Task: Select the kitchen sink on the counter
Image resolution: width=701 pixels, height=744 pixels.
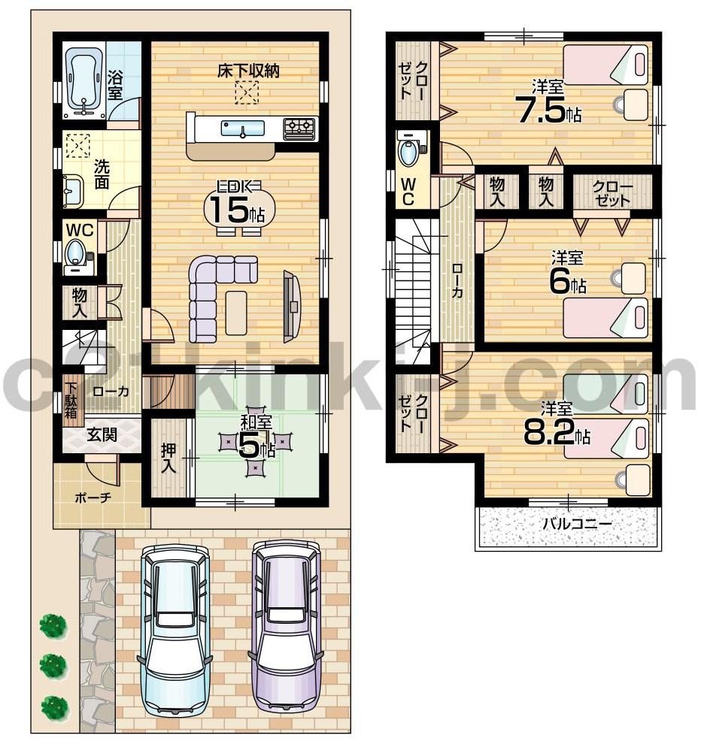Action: [242, 129]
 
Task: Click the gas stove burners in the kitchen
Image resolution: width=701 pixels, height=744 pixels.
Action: [299, 128]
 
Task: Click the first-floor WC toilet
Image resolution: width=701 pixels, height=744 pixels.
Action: [77, 253]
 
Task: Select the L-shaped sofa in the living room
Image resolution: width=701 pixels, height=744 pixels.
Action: [214, 294]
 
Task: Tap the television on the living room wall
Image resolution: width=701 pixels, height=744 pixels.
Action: [291, 305]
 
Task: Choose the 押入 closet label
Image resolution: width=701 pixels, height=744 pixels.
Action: [168, 458]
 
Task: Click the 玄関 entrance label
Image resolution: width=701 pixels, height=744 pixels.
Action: [101, 434]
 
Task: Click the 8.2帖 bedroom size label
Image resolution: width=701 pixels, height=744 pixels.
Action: [557, 432]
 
